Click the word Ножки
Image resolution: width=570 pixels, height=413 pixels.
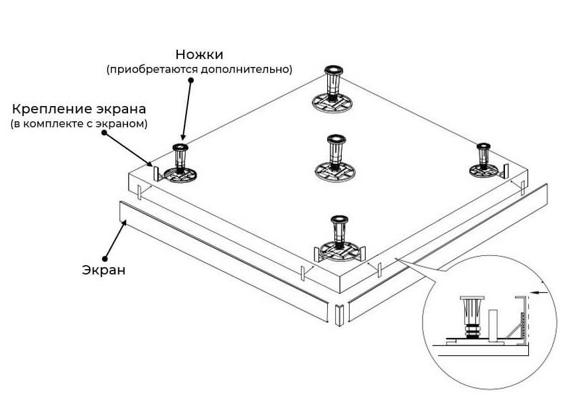click(199, 54)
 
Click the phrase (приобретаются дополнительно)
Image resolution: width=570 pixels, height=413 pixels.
click(199, 69)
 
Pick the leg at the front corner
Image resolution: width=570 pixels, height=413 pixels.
click(340, 235)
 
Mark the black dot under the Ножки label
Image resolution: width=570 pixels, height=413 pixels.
click(190, 80)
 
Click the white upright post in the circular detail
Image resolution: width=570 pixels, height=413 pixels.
click(494, 325)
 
